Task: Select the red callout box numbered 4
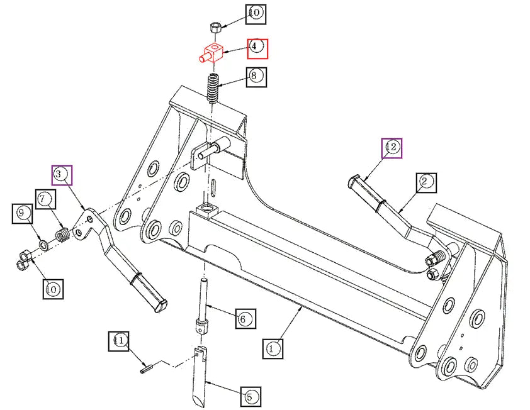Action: [x=257, y=48]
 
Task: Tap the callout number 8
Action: [x=256, y=77]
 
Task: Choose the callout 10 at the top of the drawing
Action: [x=256, y=13]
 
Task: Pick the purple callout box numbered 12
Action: [x=392, y=147]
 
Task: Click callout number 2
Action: [x=425, y=182]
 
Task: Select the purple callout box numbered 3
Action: [x=62, y=175]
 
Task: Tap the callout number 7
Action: [x=45, y=200]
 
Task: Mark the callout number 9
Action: [x=23, y=214]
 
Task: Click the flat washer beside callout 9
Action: [x=42, y=243]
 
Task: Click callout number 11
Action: [x=119, y=341]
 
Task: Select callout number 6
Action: [x=245, y=318]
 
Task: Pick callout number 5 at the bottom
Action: [x=250, y=397]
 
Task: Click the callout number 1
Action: [x=273, y=347]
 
